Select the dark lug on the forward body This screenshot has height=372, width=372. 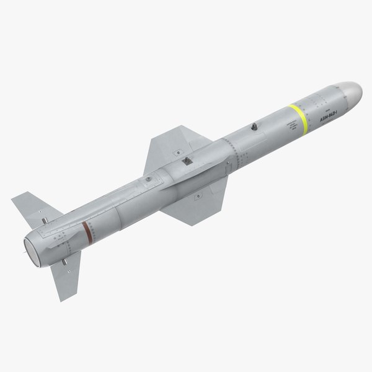pos(253,127)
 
